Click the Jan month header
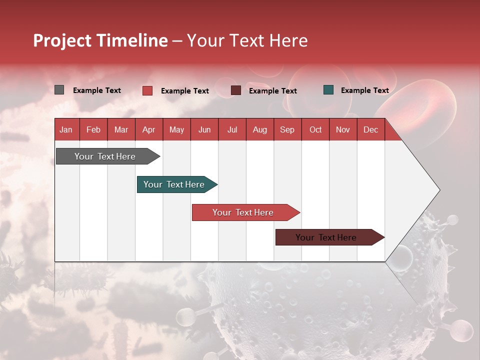66,129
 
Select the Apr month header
149,129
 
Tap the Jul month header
232,129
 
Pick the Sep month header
287,129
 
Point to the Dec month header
370,129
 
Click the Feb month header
93,129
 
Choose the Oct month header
315,129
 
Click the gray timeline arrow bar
105,156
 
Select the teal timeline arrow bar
174,184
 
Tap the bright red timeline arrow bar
243,212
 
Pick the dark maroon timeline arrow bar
326,237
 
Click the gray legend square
59,90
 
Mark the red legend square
147,90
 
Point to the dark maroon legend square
236,90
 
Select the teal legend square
328,90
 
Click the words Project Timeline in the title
100,40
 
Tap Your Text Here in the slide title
247,40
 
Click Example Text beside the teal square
364,90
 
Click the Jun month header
204,129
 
